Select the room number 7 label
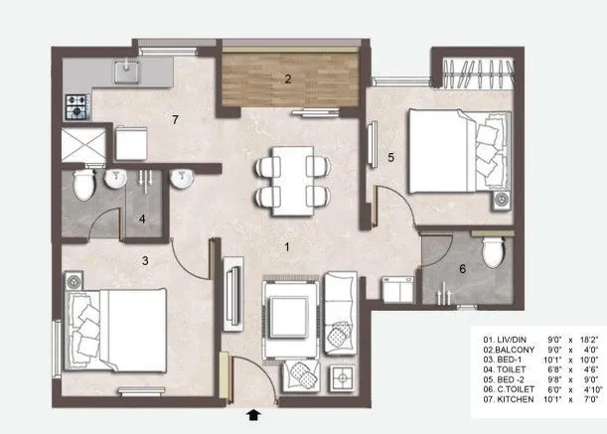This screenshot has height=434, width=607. [175, 121]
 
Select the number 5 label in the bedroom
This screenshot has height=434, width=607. [390, 156]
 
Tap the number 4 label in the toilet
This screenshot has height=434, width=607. [142, 218]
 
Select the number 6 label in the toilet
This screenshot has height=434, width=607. [462, 268]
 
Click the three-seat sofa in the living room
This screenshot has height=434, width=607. [340, 311]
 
